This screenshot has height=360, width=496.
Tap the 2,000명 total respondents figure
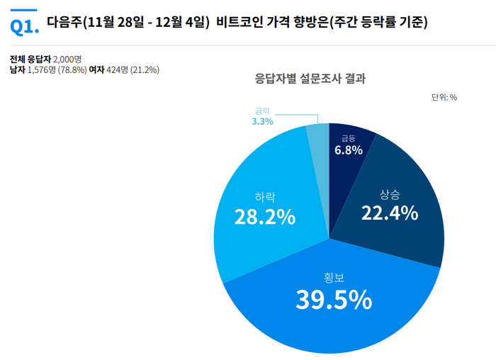click(68, 59)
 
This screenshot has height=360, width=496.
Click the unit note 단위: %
click(444, 98)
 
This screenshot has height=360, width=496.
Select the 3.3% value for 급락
click(262, 121)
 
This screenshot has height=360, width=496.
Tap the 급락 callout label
click(263, 111)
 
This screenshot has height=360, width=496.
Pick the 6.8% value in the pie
click(349, 150)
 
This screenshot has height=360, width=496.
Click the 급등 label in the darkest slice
click(348, 138)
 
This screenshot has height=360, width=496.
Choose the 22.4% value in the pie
click(390, 212)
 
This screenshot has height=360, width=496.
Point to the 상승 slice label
click(390, 193)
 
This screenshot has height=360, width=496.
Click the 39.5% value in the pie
click(334, 300)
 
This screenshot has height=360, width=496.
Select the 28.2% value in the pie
click(264, 217)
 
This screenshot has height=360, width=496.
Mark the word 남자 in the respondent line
click(18, 69)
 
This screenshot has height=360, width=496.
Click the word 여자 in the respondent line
click(97, 69)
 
